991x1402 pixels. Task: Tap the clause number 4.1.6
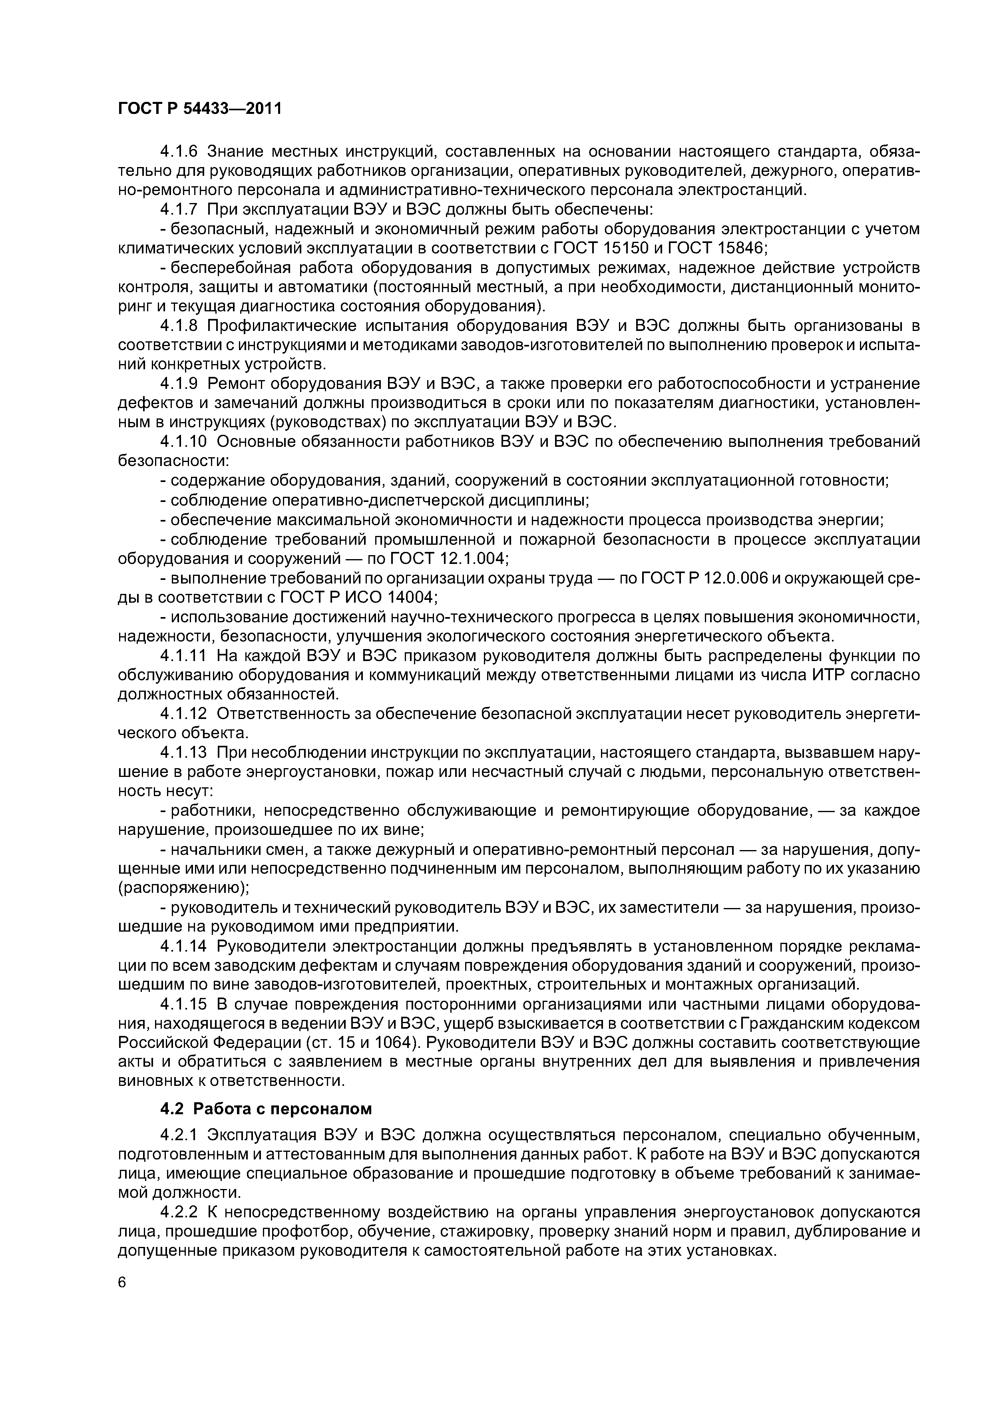pyautogui.click(x=179, y=151)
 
